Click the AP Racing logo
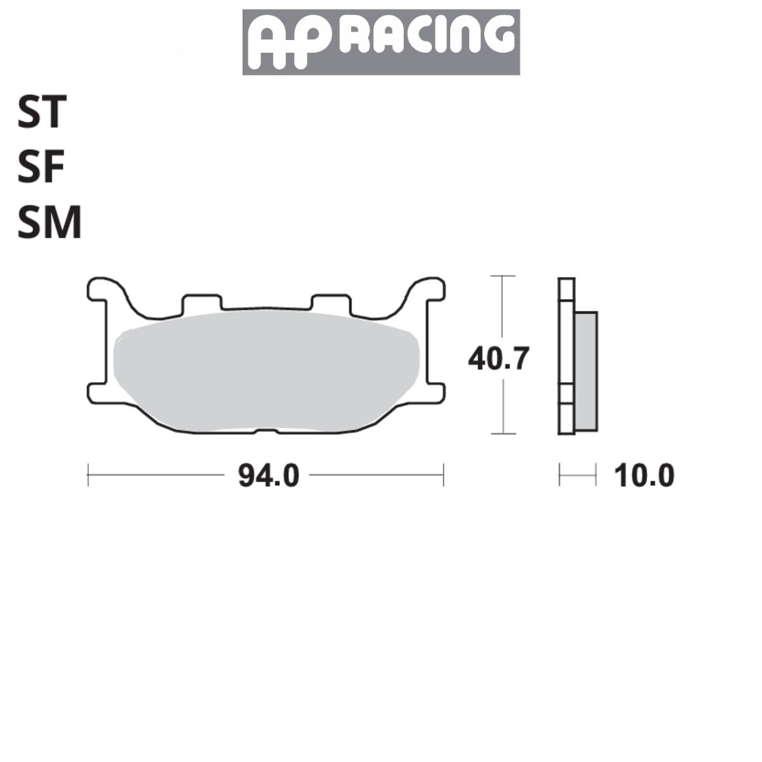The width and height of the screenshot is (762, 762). [381, 42]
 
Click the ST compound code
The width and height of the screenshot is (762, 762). [42, 112]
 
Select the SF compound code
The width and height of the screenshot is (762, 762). [41, 168]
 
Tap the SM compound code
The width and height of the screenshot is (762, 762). [50, 224]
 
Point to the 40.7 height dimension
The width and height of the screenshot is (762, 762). [498, 359]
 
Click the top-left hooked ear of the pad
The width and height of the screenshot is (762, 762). [105, 290]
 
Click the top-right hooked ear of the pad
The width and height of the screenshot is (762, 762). [427, 290]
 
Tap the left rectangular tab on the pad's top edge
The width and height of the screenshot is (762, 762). [202, 303]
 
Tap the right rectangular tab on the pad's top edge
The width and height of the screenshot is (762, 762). [331, 303]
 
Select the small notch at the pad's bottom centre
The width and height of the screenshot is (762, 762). [266, 432]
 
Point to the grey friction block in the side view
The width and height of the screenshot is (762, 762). [586, 371]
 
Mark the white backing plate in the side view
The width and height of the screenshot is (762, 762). [566, 356]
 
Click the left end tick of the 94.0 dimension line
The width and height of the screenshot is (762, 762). [88, 475]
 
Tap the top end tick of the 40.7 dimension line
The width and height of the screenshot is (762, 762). [503, 276]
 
